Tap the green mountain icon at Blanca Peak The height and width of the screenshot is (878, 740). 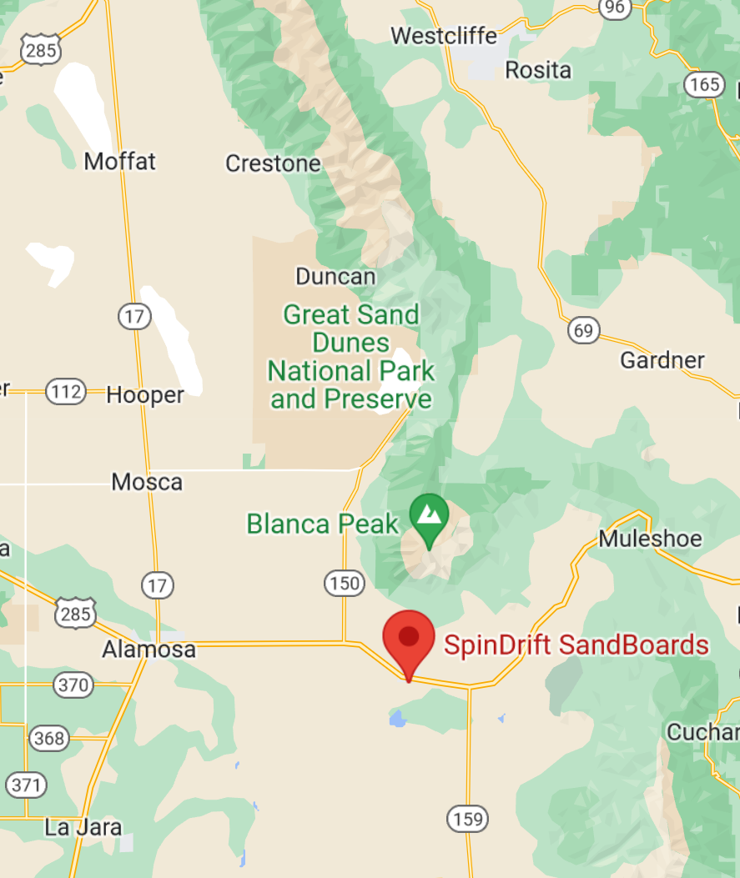(x=430, y=518)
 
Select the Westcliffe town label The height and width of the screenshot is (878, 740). (x=443, y=37)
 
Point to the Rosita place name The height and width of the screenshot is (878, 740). (x=538, y=70)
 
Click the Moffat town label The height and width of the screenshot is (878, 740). (x=119, y=161)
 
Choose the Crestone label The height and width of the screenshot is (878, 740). (x=273, y=163)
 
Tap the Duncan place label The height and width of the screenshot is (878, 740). (x=335, y=276)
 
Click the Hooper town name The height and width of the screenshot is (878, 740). (x=145, y=395)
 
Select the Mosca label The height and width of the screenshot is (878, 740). (x=147, y=482)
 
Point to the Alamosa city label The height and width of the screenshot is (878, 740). (x=149, y=650)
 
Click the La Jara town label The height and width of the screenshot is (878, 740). (x=83, y=828)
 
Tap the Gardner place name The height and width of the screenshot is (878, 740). (x=662, y=360)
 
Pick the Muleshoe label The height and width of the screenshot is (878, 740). (x=650, y=539)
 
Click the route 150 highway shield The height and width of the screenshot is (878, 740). (x=345, y=584)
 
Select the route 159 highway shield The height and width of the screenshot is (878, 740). (x=466, y=819)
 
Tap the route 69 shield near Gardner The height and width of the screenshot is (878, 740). (x=583, y=331)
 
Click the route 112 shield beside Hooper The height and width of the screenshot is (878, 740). (x=66, y=391)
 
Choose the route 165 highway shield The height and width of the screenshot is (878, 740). (x=704, y=83)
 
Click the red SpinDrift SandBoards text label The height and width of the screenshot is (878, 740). (x=576, y=645)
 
